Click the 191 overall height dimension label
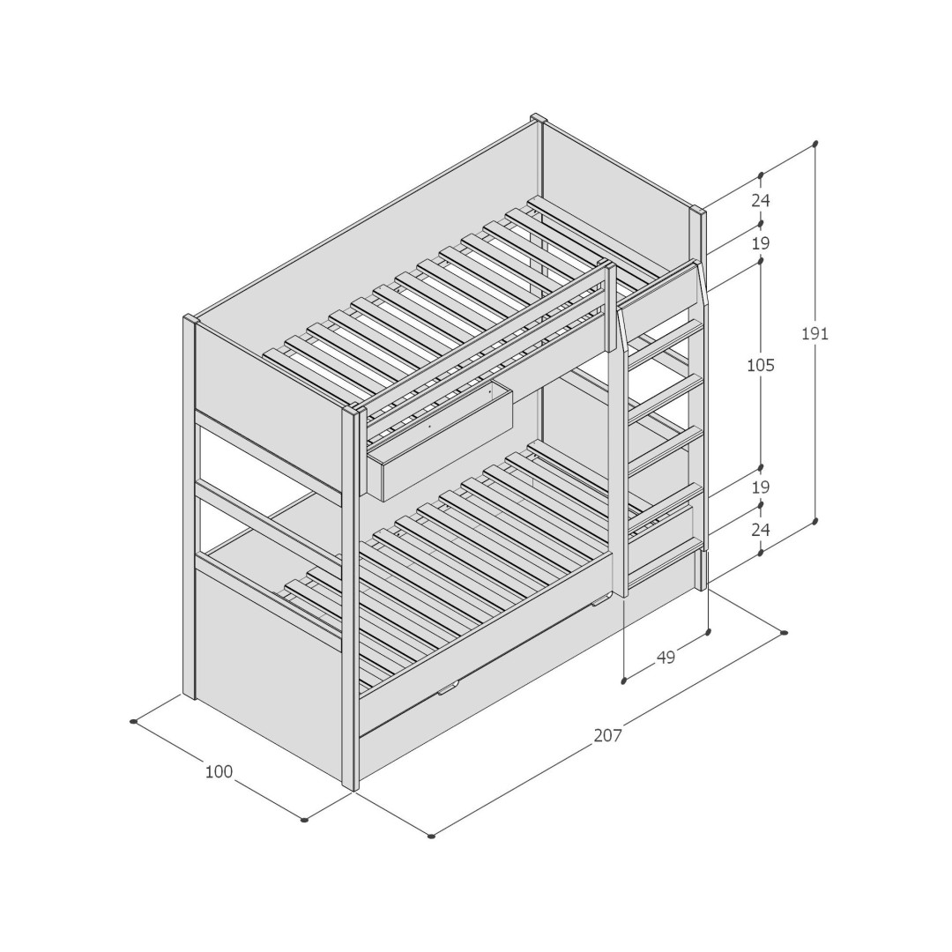point(814,333)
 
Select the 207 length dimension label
point(607,735)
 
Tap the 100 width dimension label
point(219,771)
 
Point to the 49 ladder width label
point(666,657)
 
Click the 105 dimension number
point(761,366)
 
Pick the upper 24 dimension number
point(761,200)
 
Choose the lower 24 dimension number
point(761,530)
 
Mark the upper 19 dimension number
point(761,243)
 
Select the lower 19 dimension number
point(761,487)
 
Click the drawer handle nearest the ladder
point(600,602)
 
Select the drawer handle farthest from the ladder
point(448,688)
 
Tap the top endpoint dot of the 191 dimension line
point(814,145)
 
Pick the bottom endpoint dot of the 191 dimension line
point(814,522)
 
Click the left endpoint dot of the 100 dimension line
point(133,721)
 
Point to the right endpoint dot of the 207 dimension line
point(784,633)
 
